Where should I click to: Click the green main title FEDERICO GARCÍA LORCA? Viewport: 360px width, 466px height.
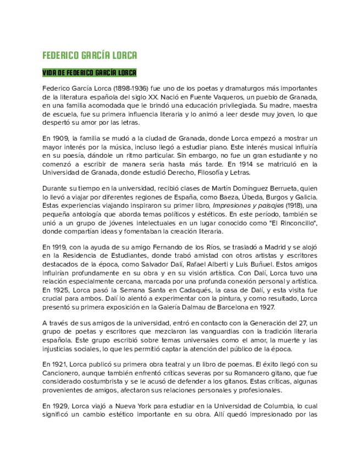pos(90,56)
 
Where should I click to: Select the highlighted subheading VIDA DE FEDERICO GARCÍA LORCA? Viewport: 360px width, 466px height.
pos(90,73)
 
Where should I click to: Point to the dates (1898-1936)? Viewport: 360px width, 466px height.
pos(131,88)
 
